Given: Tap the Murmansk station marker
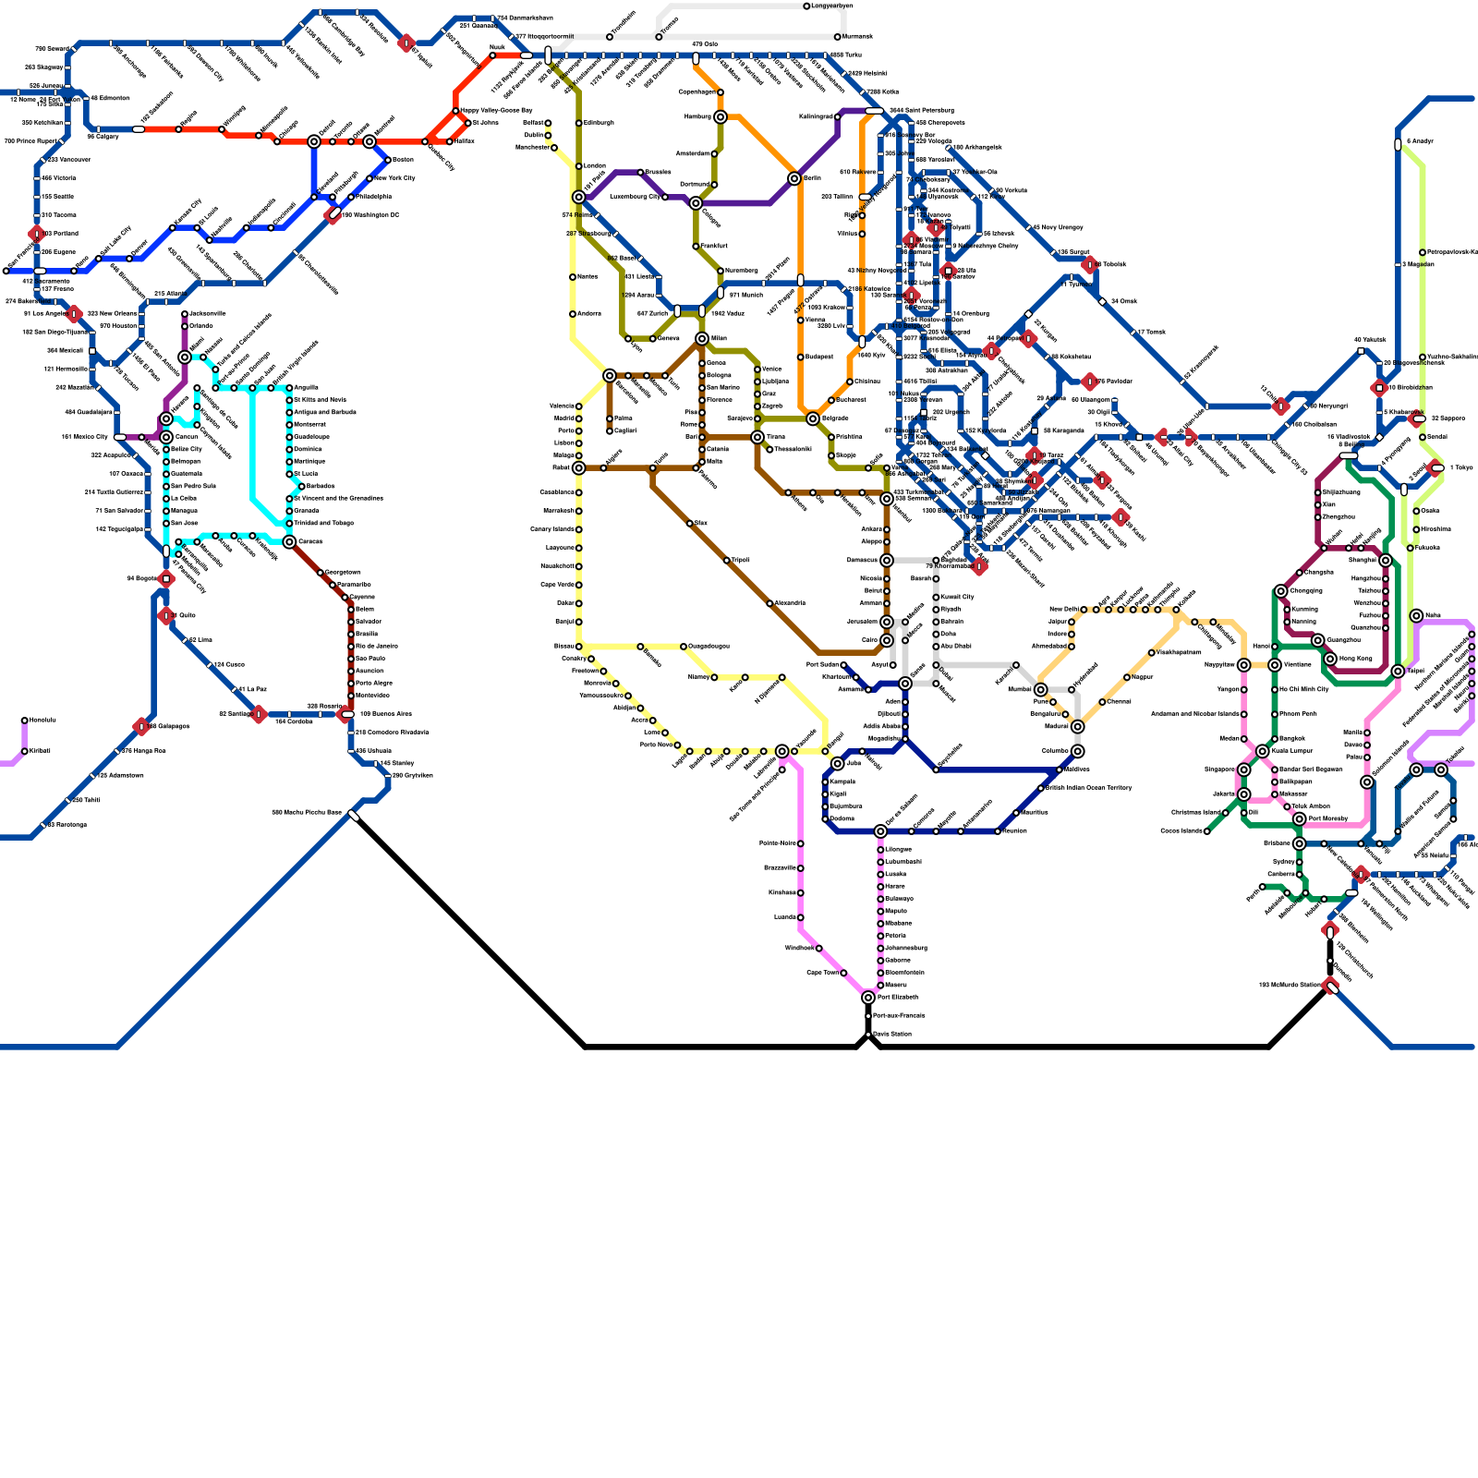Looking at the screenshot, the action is coord(838,37).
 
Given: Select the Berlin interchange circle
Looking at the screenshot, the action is coord(794,178).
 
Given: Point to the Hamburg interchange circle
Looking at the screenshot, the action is coord(721,117).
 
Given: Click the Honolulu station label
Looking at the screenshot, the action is coord(41,721).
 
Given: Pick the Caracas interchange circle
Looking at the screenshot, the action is coord(289,542).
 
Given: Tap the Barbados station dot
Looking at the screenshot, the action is coord(302,486).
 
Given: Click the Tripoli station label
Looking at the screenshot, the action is coord(742,561).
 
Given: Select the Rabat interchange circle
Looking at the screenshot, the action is coord(579,468).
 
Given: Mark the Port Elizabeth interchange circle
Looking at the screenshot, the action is coord(868,998).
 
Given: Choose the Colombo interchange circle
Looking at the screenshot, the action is coord(1078,752).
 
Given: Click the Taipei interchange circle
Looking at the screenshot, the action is coord(1399,672).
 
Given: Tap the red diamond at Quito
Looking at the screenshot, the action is coord(166,615).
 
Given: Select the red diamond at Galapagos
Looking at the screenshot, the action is coord(141,727).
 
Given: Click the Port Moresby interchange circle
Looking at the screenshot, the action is coord(1300,819).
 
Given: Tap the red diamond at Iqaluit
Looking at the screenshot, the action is coord(406,43).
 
